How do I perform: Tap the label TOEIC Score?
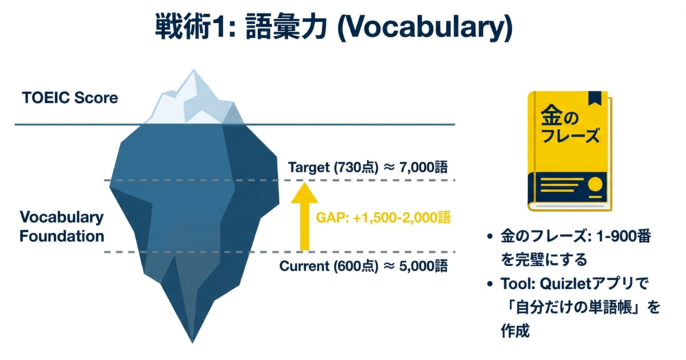pyautogui.click(x=70, y=98)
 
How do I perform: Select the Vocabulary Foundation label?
pyautogui.click(x=62, y=227)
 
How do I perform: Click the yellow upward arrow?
pyautogui.click(x=305, y=217)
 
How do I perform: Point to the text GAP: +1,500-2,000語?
pyautogui.click(x=383, y=218)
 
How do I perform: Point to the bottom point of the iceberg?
pyautogui.click(x=192, y=343)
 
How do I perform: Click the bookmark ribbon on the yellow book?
pyautogui.click(x=595, y=99)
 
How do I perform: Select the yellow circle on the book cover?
pyautogui.click(x=594, y=185)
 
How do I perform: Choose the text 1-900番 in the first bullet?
pyautogui.click(x=624, y=237)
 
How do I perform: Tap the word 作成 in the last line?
pyautogui.click(x=515, y=331)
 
